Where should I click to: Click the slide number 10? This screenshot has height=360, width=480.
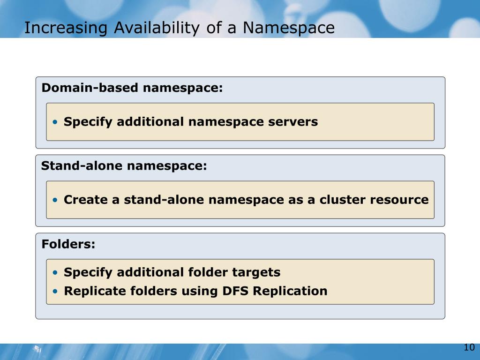[x=469, y=347]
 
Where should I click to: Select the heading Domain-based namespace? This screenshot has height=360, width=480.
[x=132, y=88]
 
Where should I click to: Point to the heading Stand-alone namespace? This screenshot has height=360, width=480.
[x=124, y=166]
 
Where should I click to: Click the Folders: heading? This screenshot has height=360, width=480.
[x=68, y=244]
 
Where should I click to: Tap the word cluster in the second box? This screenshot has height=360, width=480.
[x=343, y=200]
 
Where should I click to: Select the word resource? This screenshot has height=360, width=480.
[x=399, y=200]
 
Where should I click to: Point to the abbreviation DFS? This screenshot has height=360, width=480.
[x=235, y=291]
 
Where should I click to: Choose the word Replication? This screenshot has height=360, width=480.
[x=290, y=291]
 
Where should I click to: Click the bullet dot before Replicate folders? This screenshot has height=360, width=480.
[x=56, y=291]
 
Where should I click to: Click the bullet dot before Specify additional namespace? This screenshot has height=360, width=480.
[x=56, y=122]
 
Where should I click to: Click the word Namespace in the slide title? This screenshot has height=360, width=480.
[x=289, y=28]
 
